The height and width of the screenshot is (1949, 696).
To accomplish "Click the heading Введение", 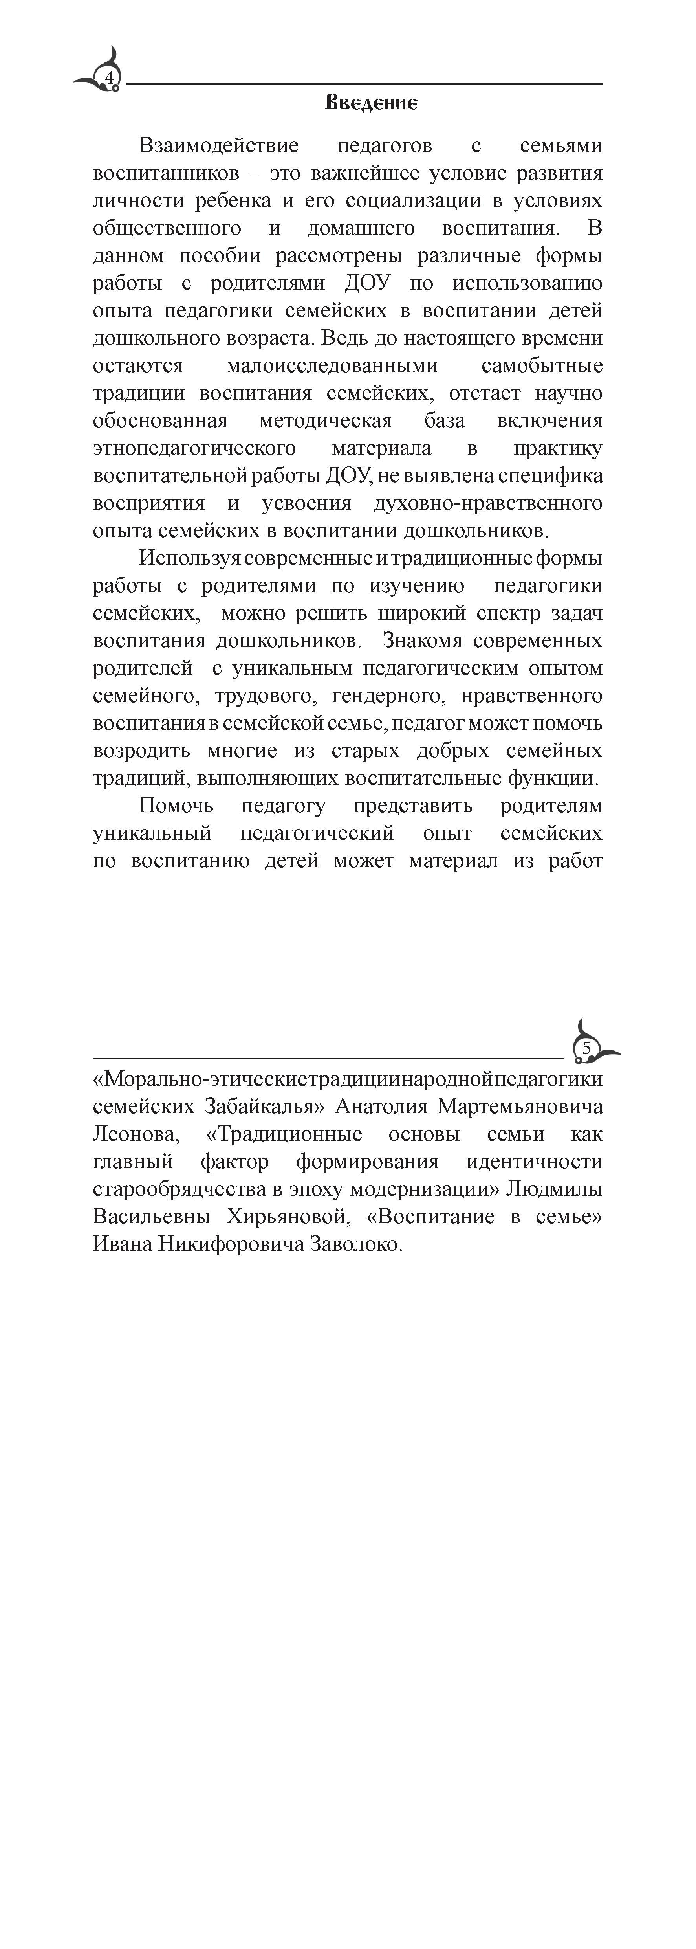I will point(371,103).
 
